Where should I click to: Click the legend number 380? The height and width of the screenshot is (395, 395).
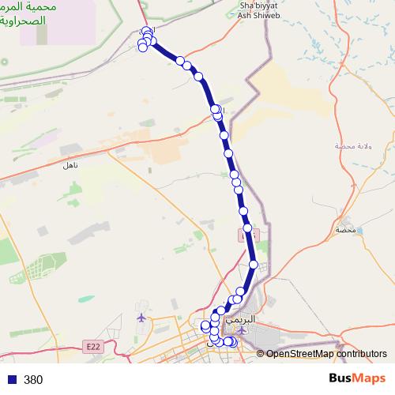(x=33, y=379)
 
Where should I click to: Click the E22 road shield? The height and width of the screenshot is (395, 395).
(x=92, y=346)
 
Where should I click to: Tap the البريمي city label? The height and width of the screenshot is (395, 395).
(x=241, y=322)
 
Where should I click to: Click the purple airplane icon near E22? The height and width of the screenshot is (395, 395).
(x=141, y=318)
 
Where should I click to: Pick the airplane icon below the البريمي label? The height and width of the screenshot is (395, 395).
(x=243, y=330)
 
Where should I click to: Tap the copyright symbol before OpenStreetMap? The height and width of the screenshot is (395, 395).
(x=261, y=354)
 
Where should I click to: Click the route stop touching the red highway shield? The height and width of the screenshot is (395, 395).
(x=248, y=228)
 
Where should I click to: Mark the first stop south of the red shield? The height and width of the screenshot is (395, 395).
(x=253, y=265)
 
